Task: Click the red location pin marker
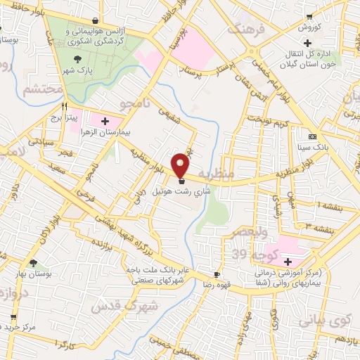tap(181, 165)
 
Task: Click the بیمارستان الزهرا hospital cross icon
tap(105, 122)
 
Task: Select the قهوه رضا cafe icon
tap(217, 275)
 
